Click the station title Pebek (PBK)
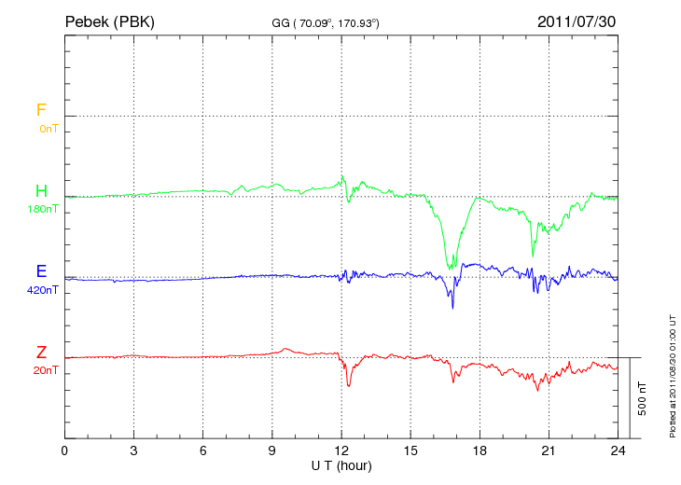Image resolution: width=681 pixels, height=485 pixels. (x=110, y=21)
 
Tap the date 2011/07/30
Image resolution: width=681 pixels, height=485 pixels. (x=577, y=21)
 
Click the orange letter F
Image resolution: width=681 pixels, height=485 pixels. (x=41, y=110)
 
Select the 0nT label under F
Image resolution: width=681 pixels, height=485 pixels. (x=48, y=129)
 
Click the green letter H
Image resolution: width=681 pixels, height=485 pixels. (x=41, y=191)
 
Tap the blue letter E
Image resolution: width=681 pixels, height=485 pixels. (x=41, y=271)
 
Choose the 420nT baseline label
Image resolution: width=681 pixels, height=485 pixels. (x=43, y=290)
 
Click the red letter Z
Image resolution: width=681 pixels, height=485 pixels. (x=41, y=353)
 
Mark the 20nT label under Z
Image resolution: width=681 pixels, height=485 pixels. (x=45, y=371)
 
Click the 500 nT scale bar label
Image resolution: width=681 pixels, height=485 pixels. (x=643, y=397)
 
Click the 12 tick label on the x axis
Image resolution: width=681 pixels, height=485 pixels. (x=341, y=450)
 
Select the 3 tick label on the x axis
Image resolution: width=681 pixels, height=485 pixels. (x=133, y=450)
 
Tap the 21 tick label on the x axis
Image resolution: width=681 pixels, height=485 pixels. (x=549, y=450)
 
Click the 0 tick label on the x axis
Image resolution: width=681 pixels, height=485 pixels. (x=64, y=450)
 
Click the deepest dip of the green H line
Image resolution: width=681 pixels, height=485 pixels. (x=451, y=269)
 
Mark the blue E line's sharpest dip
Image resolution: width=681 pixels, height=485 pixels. (x=452, y=308)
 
